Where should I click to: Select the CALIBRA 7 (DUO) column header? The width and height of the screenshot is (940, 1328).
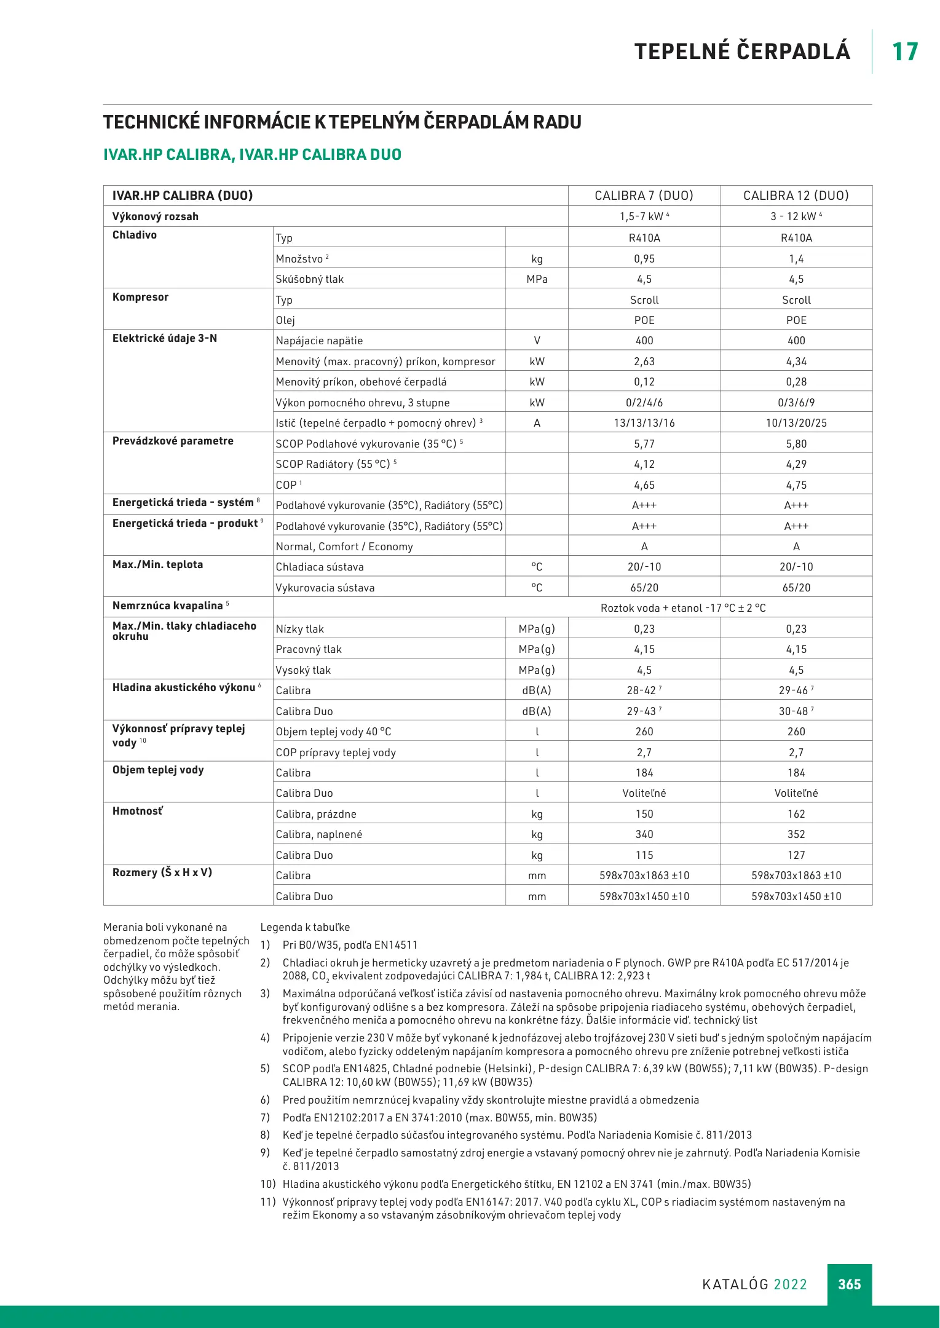coord(644,196)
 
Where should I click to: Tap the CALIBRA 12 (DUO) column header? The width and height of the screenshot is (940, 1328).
coord(796,196)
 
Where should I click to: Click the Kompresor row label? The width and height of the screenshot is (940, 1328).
coord(140,297)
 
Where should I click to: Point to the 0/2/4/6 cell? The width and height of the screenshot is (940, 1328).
coord(644,403)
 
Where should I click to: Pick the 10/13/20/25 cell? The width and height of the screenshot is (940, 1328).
coord(796,423)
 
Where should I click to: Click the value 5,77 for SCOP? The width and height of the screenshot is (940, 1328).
coord(644,444)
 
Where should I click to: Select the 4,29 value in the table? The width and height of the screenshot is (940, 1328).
coord(796,464)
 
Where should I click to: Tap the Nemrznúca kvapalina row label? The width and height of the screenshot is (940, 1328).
coord(167,606)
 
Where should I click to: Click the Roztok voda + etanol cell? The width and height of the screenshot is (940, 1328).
coord(682,608)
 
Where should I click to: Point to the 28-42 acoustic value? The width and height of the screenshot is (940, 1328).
coord(641,690)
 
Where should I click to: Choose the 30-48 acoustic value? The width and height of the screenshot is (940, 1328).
coord(793,711)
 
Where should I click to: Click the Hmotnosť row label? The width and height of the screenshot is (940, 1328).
coord(137,811)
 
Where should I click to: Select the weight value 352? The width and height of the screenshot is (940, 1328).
coord(796,834)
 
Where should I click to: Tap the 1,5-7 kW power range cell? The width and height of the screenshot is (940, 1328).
coord(641,216)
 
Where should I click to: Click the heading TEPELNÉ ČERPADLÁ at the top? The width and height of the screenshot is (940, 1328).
coord(742,52)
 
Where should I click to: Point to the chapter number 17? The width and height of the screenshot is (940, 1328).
coord(904,52)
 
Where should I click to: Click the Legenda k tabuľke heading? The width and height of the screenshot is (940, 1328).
coord(305,927)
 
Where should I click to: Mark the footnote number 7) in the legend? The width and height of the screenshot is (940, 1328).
coord(265,1117)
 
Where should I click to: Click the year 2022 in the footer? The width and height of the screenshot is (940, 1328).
coord(790,1284)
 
